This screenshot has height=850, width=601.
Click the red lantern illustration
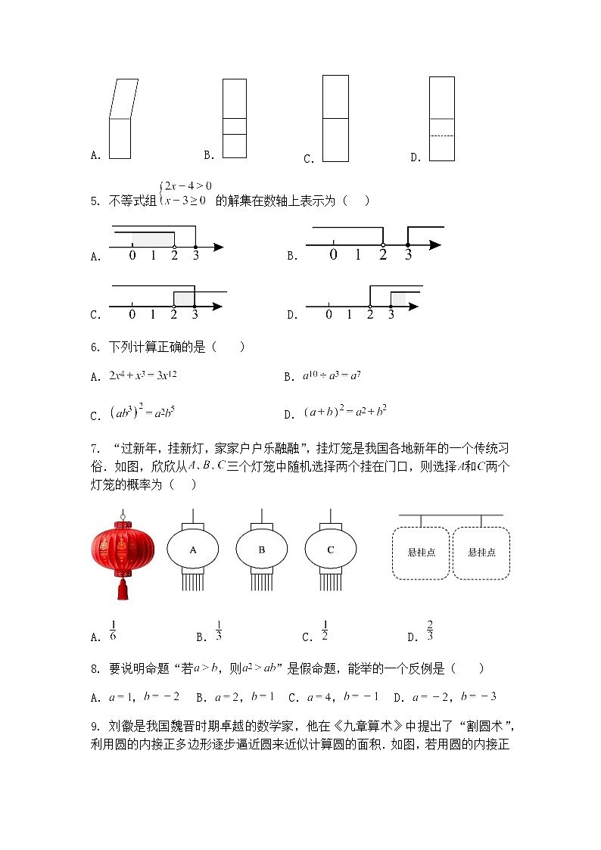coord(122,549)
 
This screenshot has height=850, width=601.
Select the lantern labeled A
coord(192,550)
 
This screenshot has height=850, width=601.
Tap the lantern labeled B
coord(262,550)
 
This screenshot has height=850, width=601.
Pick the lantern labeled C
coord(331,550)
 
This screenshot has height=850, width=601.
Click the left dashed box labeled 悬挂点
coord(421,553)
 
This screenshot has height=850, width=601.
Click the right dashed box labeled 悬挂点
coord(481,553)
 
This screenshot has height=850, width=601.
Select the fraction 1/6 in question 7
coord(113,630)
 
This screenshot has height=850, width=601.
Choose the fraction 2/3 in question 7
coord(430,630)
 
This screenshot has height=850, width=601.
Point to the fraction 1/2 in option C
coord(324,630)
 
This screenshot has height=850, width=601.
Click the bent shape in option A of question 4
coord(121,118)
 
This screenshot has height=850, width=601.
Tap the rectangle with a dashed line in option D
coord(442,119)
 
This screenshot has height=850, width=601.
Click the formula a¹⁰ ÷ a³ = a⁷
coord(332,375)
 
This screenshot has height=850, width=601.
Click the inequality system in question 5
coord(185,193)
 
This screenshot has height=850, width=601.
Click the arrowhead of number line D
coord(413,307)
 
